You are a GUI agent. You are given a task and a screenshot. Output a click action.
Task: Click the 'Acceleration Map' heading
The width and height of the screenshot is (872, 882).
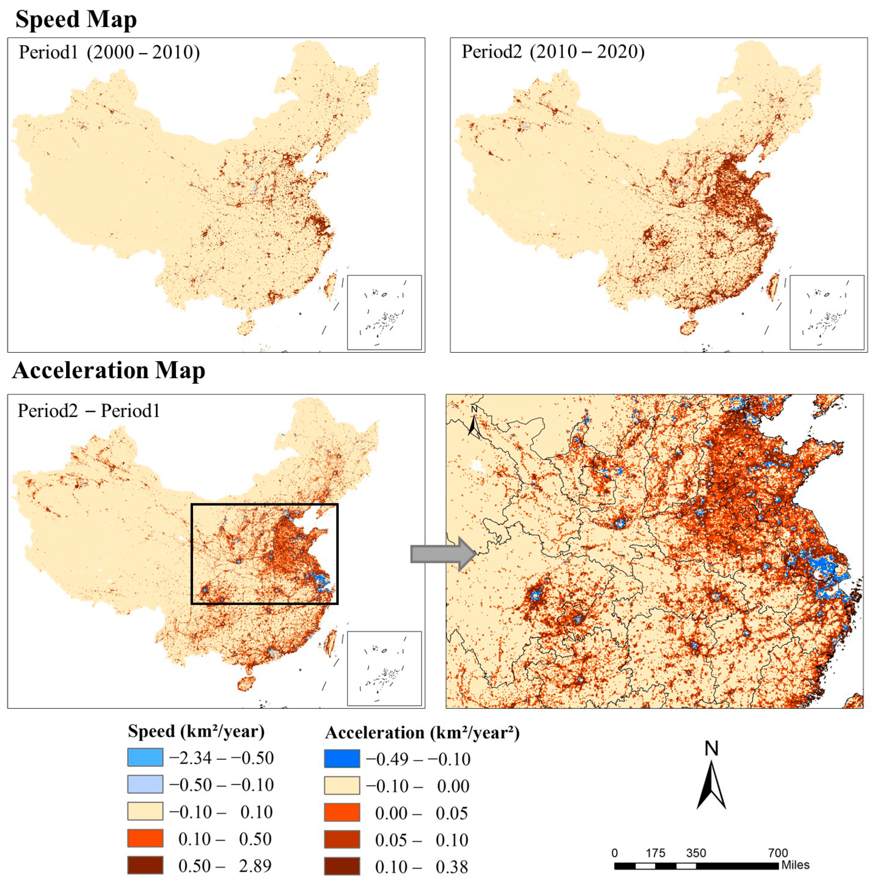[x=109, y=370]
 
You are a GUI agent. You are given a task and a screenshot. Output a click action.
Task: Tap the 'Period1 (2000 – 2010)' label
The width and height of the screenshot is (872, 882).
[x=109, y=52]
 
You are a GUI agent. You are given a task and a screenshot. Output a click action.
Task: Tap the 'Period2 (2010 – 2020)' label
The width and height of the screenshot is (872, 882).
[x=553, y=51]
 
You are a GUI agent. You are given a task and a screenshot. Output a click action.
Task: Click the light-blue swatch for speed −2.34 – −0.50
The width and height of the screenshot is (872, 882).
[x=145, y=757]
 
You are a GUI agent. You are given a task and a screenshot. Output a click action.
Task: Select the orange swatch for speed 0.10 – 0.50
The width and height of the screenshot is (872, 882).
[x=145, y=838]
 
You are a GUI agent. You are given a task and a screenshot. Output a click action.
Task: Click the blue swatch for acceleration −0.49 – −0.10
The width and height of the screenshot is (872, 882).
[x=342, y=758]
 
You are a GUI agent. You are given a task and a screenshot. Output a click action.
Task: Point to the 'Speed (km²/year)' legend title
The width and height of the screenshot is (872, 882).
[x=196, y=731]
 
